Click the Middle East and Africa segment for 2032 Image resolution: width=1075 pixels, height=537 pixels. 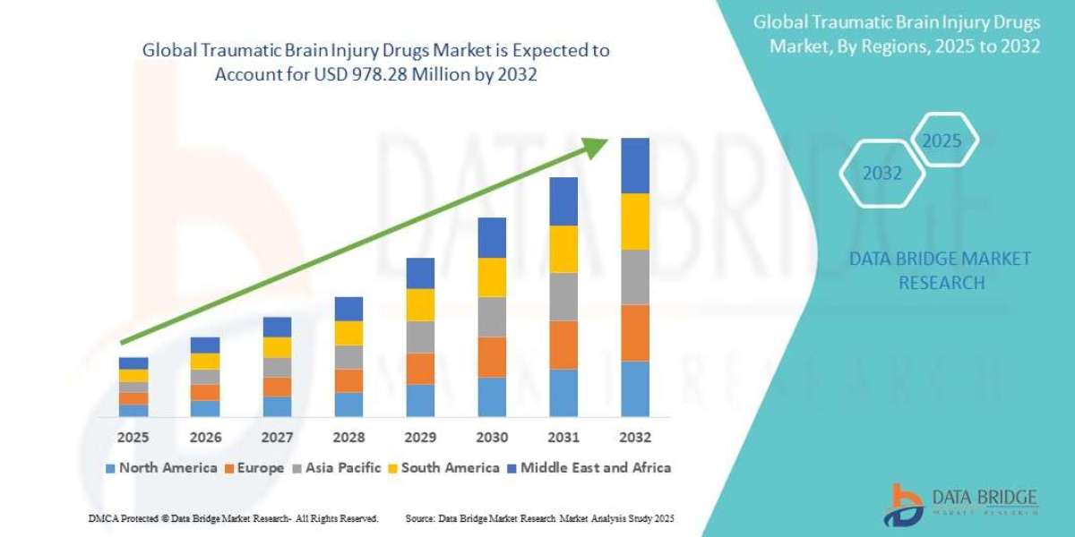click(x=634, y=166)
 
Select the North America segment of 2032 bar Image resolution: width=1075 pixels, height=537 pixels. click(x=634, y=388)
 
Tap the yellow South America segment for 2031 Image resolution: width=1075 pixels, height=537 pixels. click(x=563, y=249)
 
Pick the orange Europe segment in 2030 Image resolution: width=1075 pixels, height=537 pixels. click(x=492, y=356)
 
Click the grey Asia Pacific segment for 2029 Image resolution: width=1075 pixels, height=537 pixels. click(x=420, y=337)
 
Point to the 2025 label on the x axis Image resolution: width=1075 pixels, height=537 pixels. click(x=133, y=438)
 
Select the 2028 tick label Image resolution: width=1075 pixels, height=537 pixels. click(x=348, y=438)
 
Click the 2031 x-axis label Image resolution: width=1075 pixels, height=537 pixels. click(x=563, y=438)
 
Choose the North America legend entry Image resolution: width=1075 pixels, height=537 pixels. click(x=161, y=467)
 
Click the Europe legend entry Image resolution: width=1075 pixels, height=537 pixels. click(x=254, y=467)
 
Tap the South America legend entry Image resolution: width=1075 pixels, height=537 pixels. click(x=443, y=467)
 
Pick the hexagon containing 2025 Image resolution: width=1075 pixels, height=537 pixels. click(x=942, y=141)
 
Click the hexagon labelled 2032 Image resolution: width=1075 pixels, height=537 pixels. click(x=881, y=174)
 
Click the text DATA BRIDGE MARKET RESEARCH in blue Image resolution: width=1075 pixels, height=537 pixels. click(x=939, y=270)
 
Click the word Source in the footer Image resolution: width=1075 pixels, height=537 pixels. click(x=420, y=518)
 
